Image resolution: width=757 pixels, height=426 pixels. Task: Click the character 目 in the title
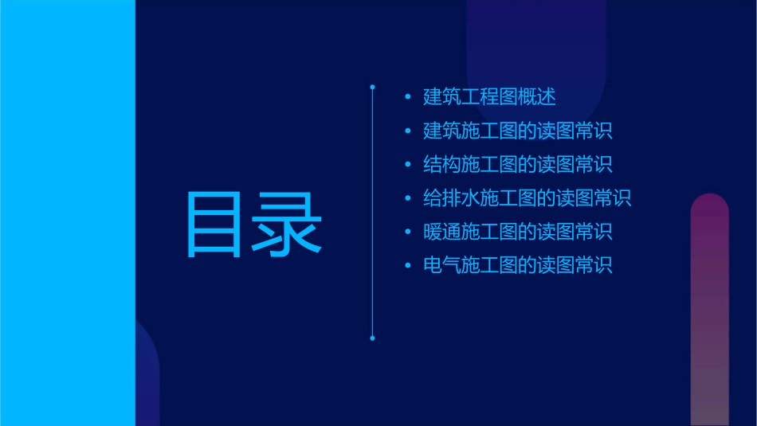pyautogui.click(x=216, y=225)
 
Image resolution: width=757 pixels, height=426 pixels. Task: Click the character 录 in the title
pyautogui.click(x=288, y=225)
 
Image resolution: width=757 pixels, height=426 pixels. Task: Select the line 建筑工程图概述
pyautogui.click(x=489, y=97)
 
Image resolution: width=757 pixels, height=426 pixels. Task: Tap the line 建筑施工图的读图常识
pyautogui.click(x=518, y=131)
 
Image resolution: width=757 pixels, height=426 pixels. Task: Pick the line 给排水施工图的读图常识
pyautogui.click(x=528, y=197)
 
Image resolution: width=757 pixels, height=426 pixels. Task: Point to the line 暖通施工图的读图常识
pyautogui.click(x=518, y=232)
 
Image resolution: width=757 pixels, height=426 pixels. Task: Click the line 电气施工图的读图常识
pyautogui.click(x=518, y=265)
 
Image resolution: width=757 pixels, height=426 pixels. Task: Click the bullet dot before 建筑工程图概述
pyautogui.click(x=408, y=98)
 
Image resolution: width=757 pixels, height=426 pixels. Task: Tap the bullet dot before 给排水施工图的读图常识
pyautogui.click(x=408, y=198)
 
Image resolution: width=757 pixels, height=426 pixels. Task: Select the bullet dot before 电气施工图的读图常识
pyautogui.click(x=408, y=265)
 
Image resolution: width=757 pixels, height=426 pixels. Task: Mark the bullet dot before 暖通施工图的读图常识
pyautogui.click(x=408, y=232)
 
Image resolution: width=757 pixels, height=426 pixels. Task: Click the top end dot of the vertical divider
pyautogui.click(x=372, y=86)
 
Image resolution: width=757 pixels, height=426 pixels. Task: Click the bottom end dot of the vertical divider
pyautogui.click(x=372, y=338)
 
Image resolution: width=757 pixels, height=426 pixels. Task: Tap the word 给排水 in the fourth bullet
pyautogui.click(x=452, y=197)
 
